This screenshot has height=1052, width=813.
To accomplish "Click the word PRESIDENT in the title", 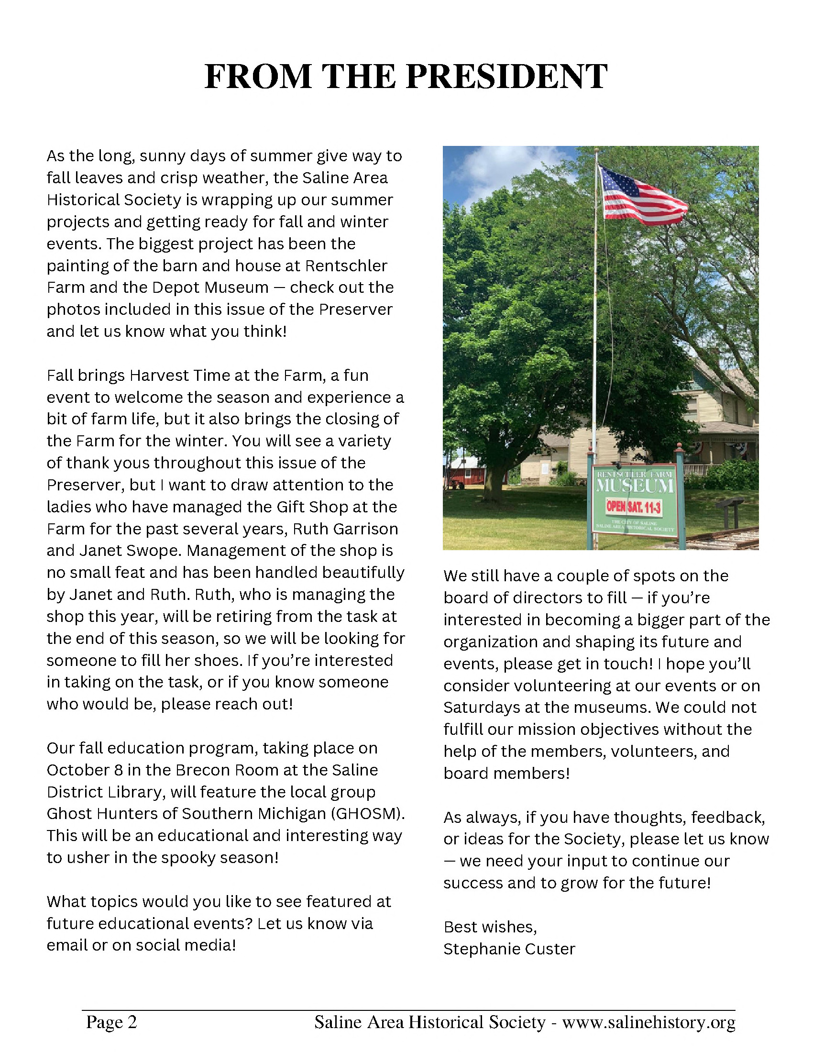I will coord(506,77).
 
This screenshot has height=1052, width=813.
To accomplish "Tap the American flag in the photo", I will coord(641,196).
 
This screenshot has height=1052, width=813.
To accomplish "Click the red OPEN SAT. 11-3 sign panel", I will coord(633,507).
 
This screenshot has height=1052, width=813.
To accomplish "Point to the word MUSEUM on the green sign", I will coord(635,486).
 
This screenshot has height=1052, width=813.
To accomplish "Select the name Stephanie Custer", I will coord(509,950).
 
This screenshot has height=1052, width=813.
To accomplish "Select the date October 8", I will coord(85,770).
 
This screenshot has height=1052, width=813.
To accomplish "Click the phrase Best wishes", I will coord(489,927).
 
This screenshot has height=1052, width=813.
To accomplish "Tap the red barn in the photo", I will coord(461,472).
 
